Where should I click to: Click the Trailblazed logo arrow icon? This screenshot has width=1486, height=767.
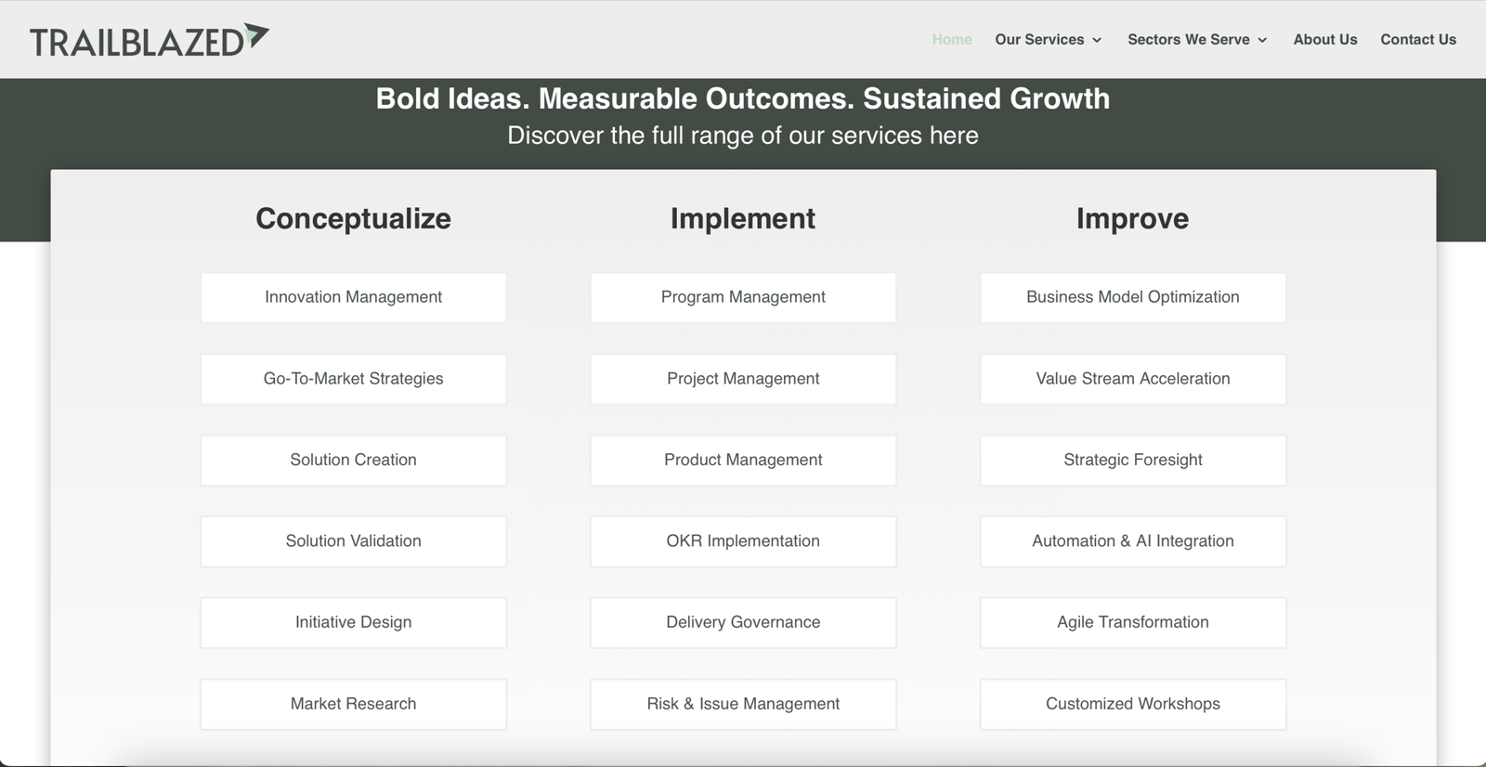point(256,35)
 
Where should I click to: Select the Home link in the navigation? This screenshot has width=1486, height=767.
point(952,39)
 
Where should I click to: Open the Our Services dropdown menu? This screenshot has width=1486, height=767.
point(1048,39)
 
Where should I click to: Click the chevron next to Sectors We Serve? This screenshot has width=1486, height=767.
point(1262,40)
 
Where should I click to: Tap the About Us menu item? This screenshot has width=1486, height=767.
point(1325,39)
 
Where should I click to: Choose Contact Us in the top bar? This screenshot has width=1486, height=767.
point(1418,39)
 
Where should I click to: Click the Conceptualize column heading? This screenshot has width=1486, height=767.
point(353,218)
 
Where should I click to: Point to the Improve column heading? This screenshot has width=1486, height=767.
point(1132,218)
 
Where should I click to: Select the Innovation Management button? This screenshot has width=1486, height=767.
point(353,297)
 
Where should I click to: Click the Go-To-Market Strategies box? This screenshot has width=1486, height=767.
point(353,379)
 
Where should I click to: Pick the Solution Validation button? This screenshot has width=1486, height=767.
point(353,541)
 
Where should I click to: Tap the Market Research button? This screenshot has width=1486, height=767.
point(353,704)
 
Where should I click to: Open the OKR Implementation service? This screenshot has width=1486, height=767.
point(743,541)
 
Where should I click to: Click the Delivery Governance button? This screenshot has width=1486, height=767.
point(743,622)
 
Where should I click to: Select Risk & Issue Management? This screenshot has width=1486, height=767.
point(743,704)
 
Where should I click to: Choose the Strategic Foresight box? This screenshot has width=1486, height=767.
point(1132,460)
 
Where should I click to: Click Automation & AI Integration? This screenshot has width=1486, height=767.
point(1132,541)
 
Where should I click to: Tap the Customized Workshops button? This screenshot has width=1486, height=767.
point(1132,704)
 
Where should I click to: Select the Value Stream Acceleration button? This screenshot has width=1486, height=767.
point(1132,379)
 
